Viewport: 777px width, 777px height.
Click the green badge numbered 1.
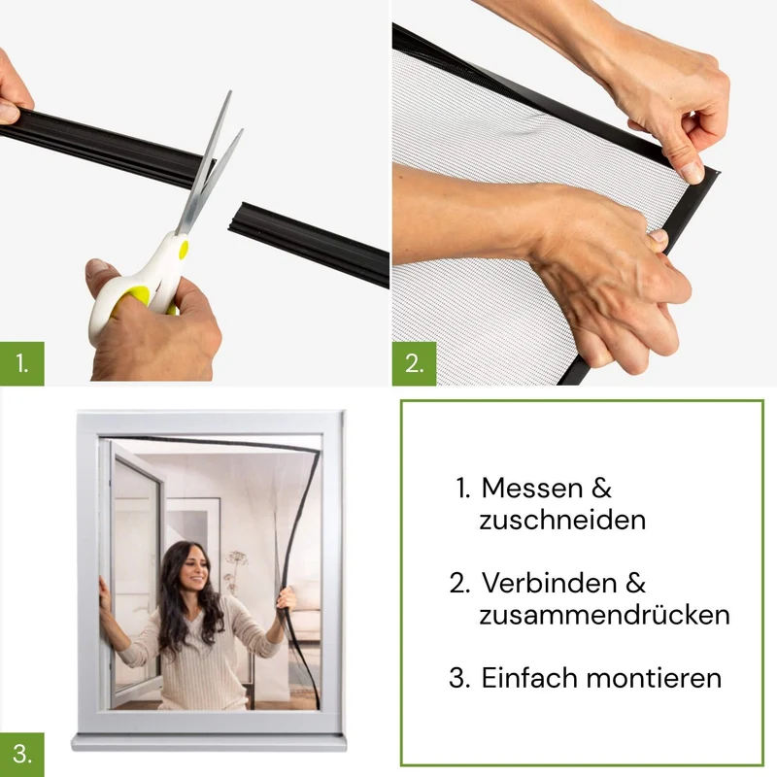pos(21,363)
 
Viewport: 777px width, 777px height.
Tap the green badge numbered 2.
pos(415,363)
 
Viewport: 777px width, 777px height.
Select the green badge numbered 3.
pos(21,755)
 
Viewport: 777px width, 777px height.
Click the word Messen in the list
pos(525,489)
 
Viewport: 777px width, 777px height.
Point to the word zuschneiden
pos(562,521)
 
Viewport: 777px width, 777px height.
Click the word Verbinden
pos(549,583)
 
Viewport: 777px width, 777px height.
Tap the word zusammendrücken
pos(604,615)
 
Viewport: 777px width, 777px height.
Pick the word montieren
pos(654,678)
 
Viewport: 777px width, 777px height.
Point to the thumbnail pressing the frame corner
pos(692,172)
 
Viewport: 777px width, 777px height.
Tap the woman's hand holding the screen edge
pos(286,597)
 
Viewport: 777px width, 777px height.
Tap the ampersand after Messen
pos(601,489)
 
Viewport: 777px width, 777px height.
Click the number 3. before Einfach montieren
pos(459,677)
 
